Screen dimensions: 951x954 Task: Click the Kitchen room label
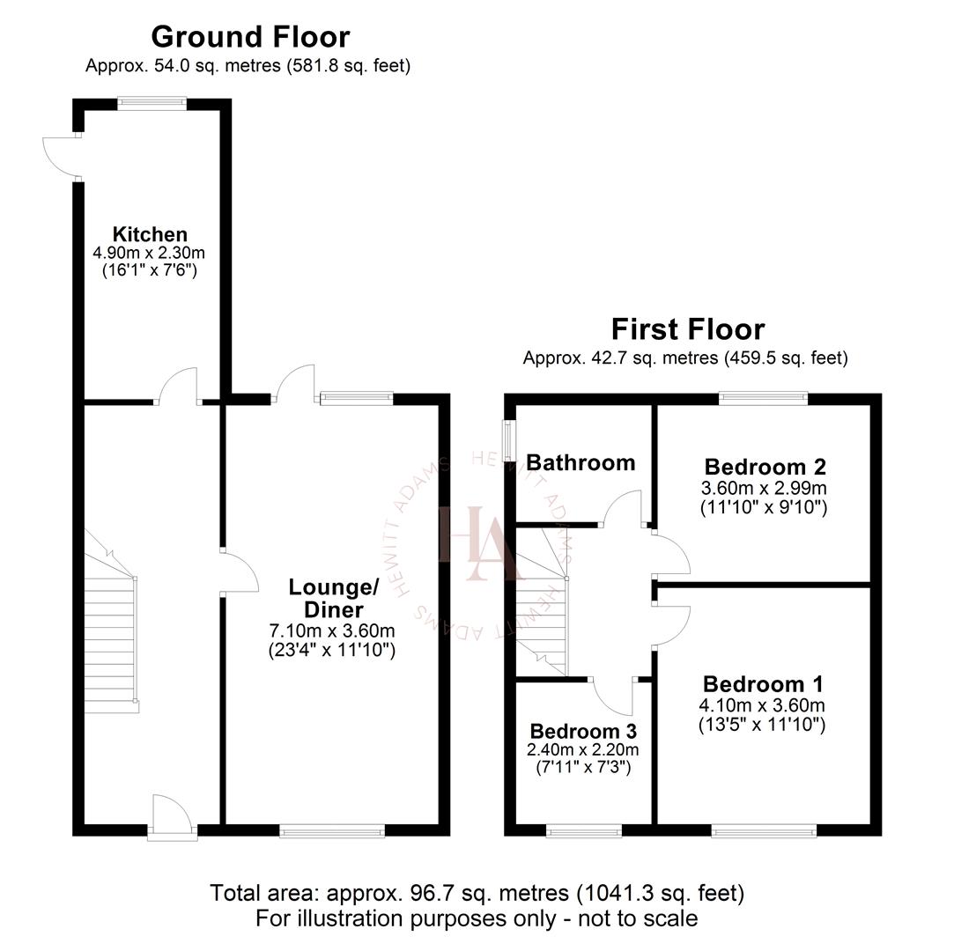pyautogui.click(x=150, y=234)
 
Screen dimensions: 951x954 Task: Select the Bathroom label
pyautogui.click(x=580, y=462)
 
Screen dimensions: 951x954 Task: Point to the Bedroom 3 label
pyautogui.click(x=583, y=731)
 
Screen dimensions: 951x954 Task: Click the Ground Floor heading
pyautogui.click(x=250, y=37)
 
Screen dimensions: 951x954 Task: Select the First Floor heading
pyautogui.click(x=688, y=329)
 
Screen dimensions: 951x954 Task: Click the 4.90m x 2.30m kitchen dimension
pyautogui.click(x=149, y=253)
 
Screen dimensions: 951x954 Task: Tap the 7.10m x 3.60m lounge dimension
pyautogui.click(x=332, y=630)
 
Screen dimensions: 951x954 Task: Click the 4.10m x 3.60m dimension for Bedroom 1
pyautogui.click(x=763, y=704)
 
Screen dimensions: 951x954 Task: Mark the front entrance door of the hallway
pyautogui.click(x=171, y=816)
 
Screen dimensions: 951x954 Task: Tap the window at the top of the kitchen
pyautogui.click(x=152, y=103)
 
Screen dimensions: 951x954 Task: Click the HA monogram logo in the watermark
pyautogui.click(x=476, y=543)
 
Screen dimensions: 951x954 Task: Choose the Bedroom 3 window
pyautogui.click(x=583, y=829)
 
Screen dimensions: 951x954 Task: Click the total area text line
pyautogui.click(x=477, y=893)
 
